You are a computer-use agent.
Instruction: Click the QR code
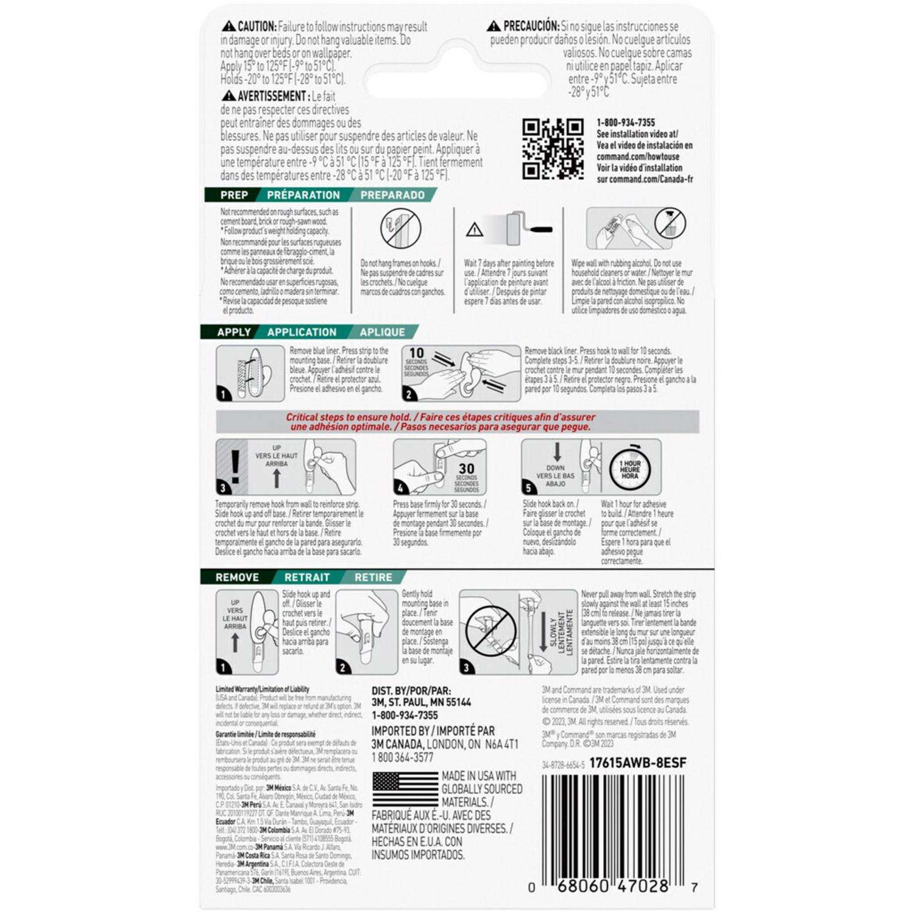pos(553,148)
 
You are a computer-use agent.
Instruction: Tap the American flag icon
pos(405,790)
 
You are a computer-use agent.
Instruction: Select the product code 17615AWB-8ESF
pos(638,763)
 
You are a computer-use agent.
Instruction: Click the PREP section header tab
pos(234,195)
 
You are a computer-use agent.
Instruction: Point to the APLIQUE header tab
pos(382,332)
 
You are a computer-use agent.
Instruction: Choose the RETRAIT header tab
pos(307,577)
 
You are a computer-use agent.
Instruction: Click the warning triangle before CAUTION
pos(228,27)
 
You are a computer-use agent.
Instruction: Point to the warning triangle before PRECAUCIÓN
pos(494,27)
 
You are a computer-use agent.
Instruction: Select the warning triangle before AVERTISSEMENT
pos(228,96)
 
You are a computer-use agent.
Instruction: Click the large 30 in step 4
pos(466,469)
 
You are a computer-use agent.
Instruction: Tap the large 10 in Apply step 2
pos(416,353)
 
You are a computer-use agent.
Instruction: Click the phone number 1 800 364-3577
pos(402,757)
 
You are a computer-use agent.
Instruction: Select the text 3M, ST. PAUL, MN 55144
pos(421,703)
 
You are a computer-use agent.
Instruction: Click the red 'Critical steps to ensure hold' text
pos(441,422)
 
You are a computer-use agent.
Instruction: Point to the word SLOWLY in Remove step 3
pos(553,632)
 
